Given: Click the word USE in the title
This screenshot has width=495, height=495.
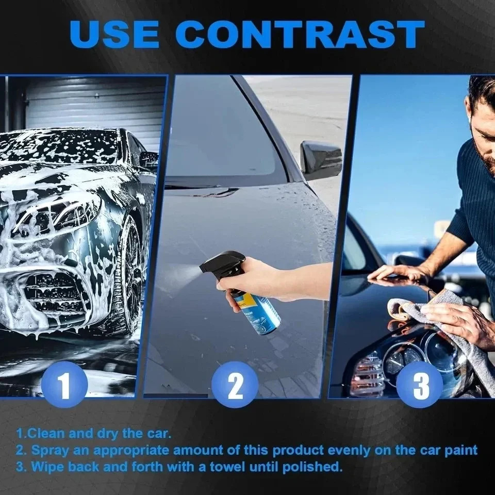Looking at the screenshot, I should pyautogui.click(x=114, y=35).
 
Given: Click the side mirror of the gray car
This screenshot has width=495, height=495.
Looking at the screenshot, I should pyautogui.click(x=320, y=160).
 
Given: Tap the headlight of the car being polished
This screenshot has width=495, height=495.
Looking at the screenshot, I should pyautogui.click(x=407, y=356).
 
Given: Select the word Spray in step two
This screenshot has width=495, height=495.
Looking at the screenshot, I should pyautogui.click(x=49, y=450).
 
